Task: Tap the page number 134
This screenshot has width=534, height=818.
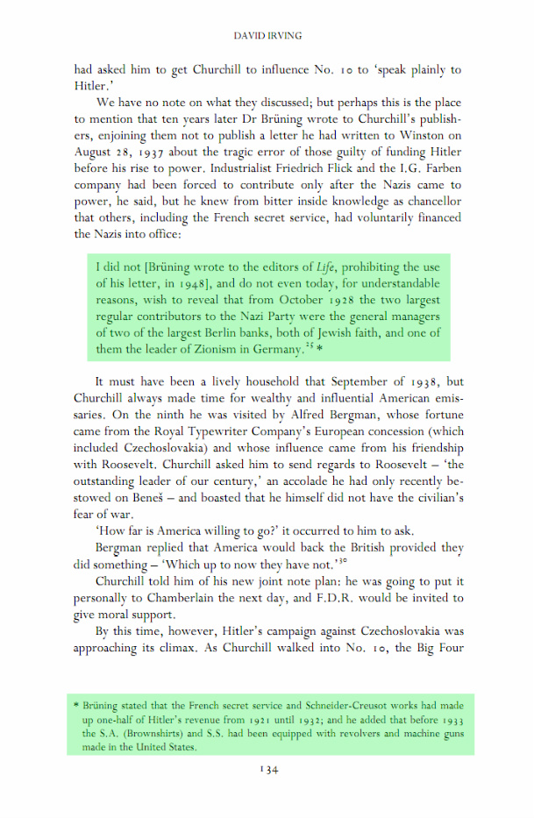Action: [267, 769]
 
